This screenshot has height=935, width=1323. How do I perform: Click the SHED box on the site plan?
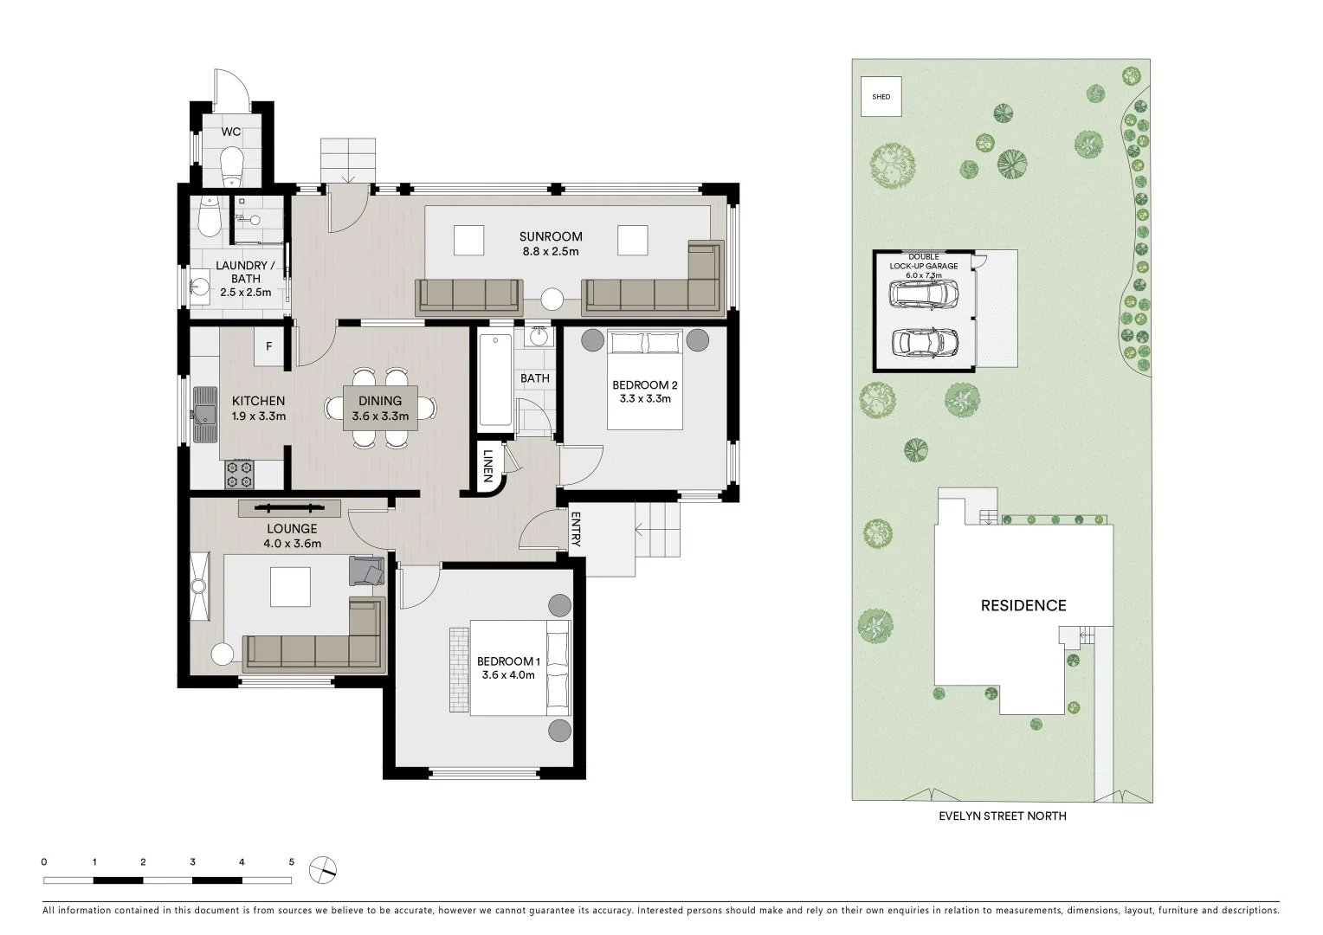pos(881,97)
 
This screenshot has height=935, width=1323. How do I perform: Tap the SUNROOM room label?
pos(551,236)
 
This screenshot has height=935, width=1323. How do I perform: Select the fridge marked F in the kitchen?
pos(268,346)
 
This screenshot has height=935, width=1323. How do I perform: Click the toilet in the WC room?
pos(231,164)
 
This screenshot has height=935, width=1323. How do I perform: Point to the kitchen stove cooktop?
pos(239,473)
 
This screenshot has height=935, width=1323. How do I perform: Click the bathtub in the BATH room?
pos(495,381)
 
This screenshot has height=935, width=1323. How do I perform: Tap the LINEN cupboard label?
pos(487,466)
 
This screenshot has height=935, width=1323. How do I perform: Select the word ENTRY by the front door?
pos(575,529)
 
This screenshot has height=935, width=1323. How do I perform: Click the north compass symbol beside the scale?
pos(325,867)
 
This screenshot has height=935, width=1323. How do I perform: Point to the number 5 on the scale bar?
pos(292,862)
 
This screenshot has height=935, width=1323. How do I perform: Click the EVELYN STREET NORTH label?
pos(1003,816)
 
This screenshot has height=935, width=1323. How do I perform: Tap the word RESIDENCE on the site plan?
pos(1023,606)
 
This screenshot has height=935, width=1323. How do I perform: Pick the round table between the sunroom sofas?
pos(552,300)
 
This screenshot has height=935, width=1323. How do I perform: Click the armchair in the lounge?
pos(366,571)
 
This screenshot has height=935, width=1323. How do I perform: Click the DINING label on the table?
pos(380,401)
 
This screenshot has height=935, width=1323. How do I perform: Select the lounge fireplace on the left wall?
pos(199,586)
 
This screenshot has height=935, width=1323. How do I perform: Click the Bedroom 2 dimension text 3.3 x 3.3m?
pos(645,399)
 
